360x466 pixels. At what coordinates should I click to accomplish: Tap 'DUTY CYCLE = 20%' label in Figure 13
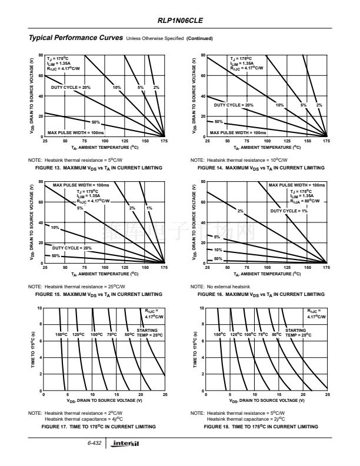coord(71,87)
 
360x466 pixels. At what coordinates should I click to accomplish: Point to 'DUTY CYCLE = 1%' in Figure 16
coord(289,211)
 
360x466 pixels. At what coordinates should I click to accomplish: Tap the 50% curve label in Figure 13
coord(95,122)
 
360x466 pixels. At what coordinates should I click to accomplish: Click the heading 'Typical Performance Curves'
coord(76,38)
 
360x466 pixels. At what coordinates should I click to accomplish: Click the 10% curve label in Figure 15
coord(55,227)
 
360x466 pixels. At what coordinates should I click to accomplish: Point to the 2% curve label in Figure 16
coord(240,211)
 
